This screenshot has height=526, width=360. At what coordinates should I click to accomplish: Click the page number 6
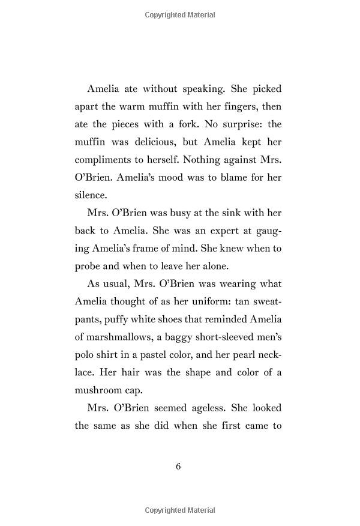point(179,467)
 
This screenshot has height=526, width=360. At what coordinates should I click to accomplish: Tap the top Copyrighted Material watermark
point(180,15)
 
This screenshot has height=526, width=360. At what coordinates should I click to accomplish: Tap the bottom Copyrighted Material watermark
point(180,511)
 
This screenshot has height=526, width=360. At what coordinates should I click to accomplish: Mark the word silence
point(91,196)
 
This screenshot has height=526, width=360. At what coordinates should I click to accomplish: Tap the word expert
point(214,231)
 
